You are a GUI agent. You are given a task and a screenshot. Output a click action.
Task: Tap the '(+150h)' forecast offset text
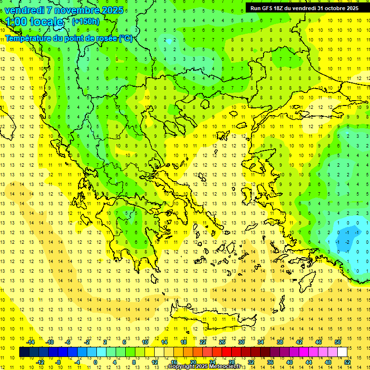(x=86, y=21)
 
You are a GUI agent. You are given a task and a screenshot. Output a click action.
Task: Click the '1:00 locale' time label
(x=34, y=22)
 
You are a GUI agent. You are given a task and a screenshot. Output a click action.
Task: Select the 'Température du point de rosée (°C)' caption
(x=68, y=38)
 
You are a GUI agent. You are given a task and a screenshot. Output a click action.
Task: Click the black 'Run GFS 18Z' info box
(x=304, y=8)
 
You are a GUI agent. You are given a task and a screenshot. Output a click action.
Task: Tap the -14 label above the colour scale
(x=30, y=342)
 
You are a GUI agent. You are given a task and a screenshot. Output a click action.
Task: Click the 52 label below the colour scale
(x=347, y=362)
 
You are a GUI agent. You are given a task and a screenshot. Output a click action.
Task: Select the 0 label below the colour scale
(x=95, y=362)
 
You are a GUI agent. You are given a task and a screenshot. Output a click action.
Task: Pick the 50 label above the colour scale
(x=338, y=342)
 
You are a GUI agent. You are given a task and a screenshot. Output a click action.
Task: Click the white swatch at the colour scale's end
(x=342, y=352)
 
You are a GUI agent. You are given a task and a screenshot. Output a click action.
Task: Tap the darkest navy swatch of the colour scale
(x=24, y=352)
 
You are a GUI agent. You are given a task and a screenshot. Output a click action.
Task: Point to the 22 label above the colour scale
(x=203, y=342)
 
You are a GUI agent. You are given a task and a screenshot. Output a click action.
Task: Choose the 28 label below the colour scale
(x=231, y=362)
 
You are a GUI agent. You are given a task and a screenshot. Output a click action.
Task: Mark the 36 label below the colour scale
(x=270, y=362)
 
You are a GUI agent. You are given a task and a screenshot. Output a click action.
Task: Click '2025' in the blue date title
(x=111, y=10)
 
